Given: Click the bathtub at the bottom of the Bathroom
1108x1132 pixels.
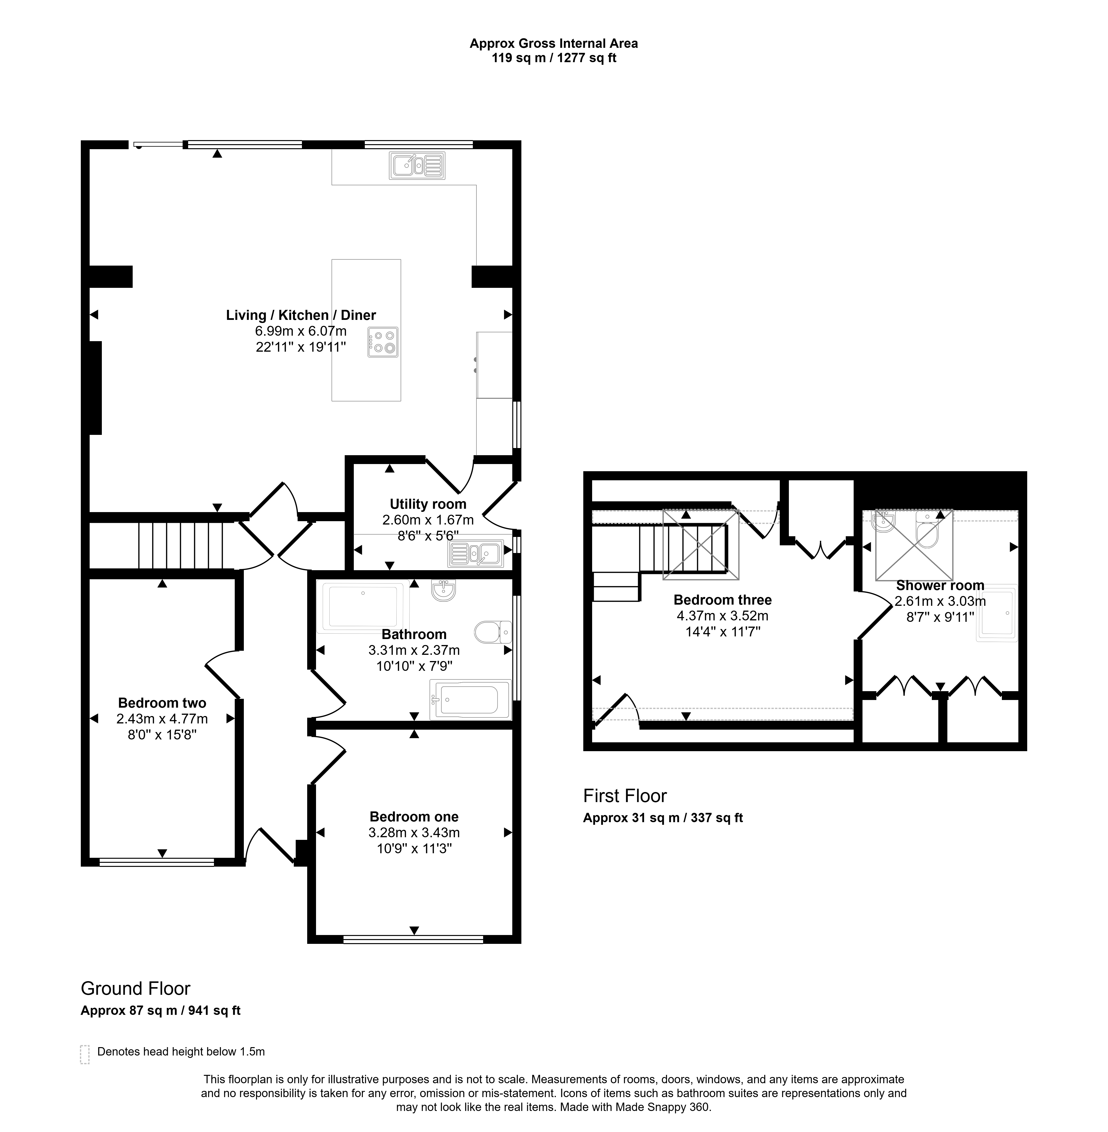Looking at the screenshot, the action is click(470, 700).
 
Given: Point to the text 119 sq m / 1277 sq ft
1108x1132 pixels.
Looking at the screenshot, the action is click(554, 58).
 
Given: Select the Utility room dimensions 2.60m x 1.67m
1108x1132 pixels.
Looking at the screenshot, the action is click(428, 520).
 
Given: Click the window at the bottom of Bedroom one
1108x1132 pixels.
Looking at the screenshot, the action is click(413, 939).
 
